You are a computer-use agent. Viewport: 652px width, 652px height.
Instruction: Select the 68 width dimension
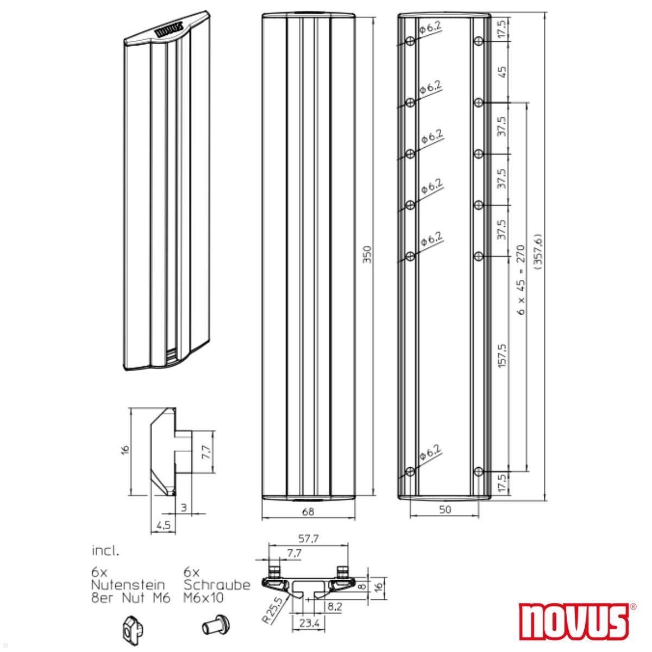point(308,511)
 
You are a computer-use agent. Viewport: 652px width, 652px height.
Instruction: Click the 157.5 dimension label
point(502,356)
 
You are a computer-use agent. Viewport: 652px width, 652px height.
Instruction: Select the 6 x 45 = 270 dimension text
point(520,281)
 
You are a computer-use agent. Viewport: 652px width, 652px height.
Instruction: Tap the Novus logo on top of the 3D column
point(170,32)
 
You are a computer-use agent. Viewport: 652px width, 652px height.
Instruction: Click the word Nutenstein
point(128,585)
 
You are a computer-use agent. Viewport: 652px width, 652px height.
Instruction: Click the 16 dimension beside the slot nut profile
point(126,450)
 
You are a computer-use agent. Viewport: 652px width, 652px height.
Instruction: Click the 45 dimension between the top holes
point(502,71)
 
